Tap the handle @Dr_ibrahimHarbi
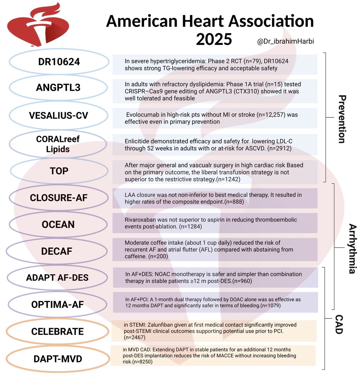(285, 41)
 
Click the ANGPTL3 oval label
(58, 87)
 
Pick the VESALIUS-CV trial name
(58, 115)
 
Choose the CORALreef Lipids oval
(58, 144)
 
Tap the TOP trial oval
(59, 171)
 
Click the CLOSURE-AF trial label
(59, 198)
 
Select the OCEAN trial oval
(58, 224)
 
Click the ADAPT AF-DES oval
(57, 278)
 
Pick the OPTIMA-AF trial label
(57, 304)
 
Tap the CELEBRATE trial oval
(57, 332)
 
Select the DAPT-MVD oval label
(58, 359)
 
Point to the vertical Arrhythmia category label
(352, 249)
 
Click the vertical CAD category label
(339, 324)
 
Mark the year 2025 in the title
(214, 39)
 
